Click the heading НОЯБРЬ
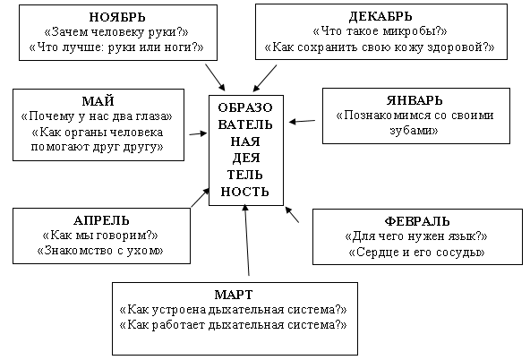117,17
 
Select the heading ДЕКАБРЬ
380,16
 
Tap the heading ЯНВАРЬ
415,100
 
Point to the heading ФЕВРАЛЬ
417,221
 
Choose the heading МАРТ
234,295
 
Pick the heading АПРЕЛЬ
101,220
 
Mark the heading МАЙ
98,101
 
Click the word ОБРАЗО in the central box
245,107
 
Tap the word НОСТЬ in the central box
245,192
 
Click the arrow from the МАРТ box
247,240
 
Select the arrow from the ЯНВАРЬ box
303,121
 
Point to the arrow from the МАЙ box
198,133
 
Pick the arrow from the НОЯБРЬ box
215,77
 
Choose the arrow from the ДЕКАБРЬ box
265,78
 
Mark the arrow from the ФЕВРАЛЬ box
292,215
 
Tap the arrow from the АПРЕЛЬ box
201,198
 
